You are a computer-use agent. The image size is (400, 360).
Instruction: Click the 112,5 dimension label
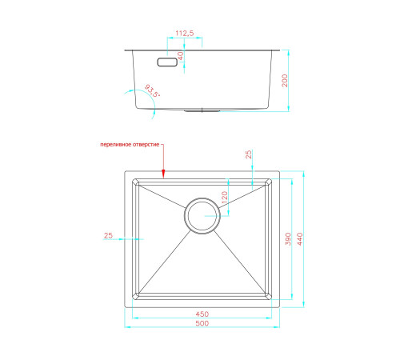185,34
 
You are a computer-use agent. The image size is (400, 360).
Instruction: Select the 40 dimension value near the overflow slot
181,56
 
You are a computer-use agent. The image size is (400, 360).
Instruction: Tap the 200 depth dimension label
285,81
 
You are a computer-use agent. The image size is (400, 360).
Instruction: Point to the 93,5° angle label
152,91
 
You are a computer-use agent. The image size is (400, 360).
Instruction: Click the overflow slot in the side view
167,62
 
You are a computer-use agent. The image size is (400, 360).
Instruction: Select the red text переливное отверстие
130,145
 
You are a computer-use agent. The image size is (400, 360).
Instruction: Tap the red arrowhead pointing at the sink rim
163,174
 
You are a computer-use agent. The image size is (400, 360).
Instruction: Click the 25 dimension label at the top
248,154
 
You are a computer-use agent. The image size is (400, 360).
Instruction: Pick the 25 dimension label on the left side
108,235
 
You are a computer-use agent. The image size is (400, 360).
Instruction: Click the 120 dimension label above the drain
225,198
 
